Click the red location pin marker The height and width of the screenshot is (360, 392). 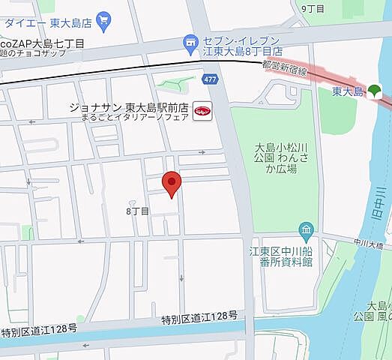172,184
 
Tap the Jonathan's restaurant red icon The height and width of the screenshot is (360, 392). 202,109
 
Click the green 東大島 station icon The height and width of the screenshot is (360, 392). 375,91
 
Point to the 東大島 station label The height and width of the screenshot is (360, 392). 347,91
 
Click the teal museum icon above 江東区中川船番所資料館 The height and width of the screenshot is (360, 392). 305,229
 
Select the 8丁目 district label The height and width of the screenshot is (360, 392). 139,211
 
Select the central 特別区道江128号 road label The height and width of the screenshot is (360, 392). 199,319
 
